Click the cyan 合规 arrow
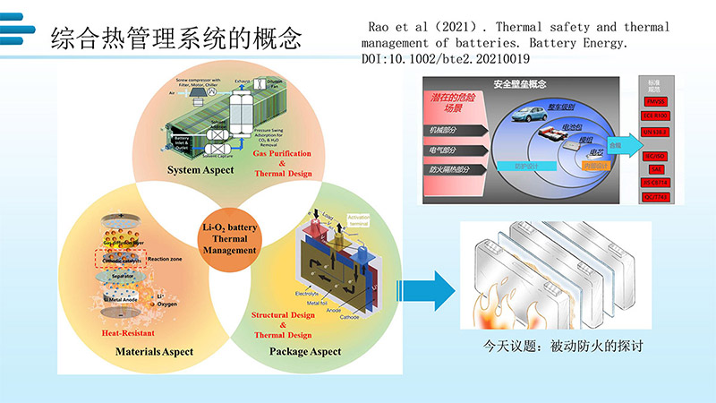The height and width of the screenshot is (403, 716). [x=618, y=142]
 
